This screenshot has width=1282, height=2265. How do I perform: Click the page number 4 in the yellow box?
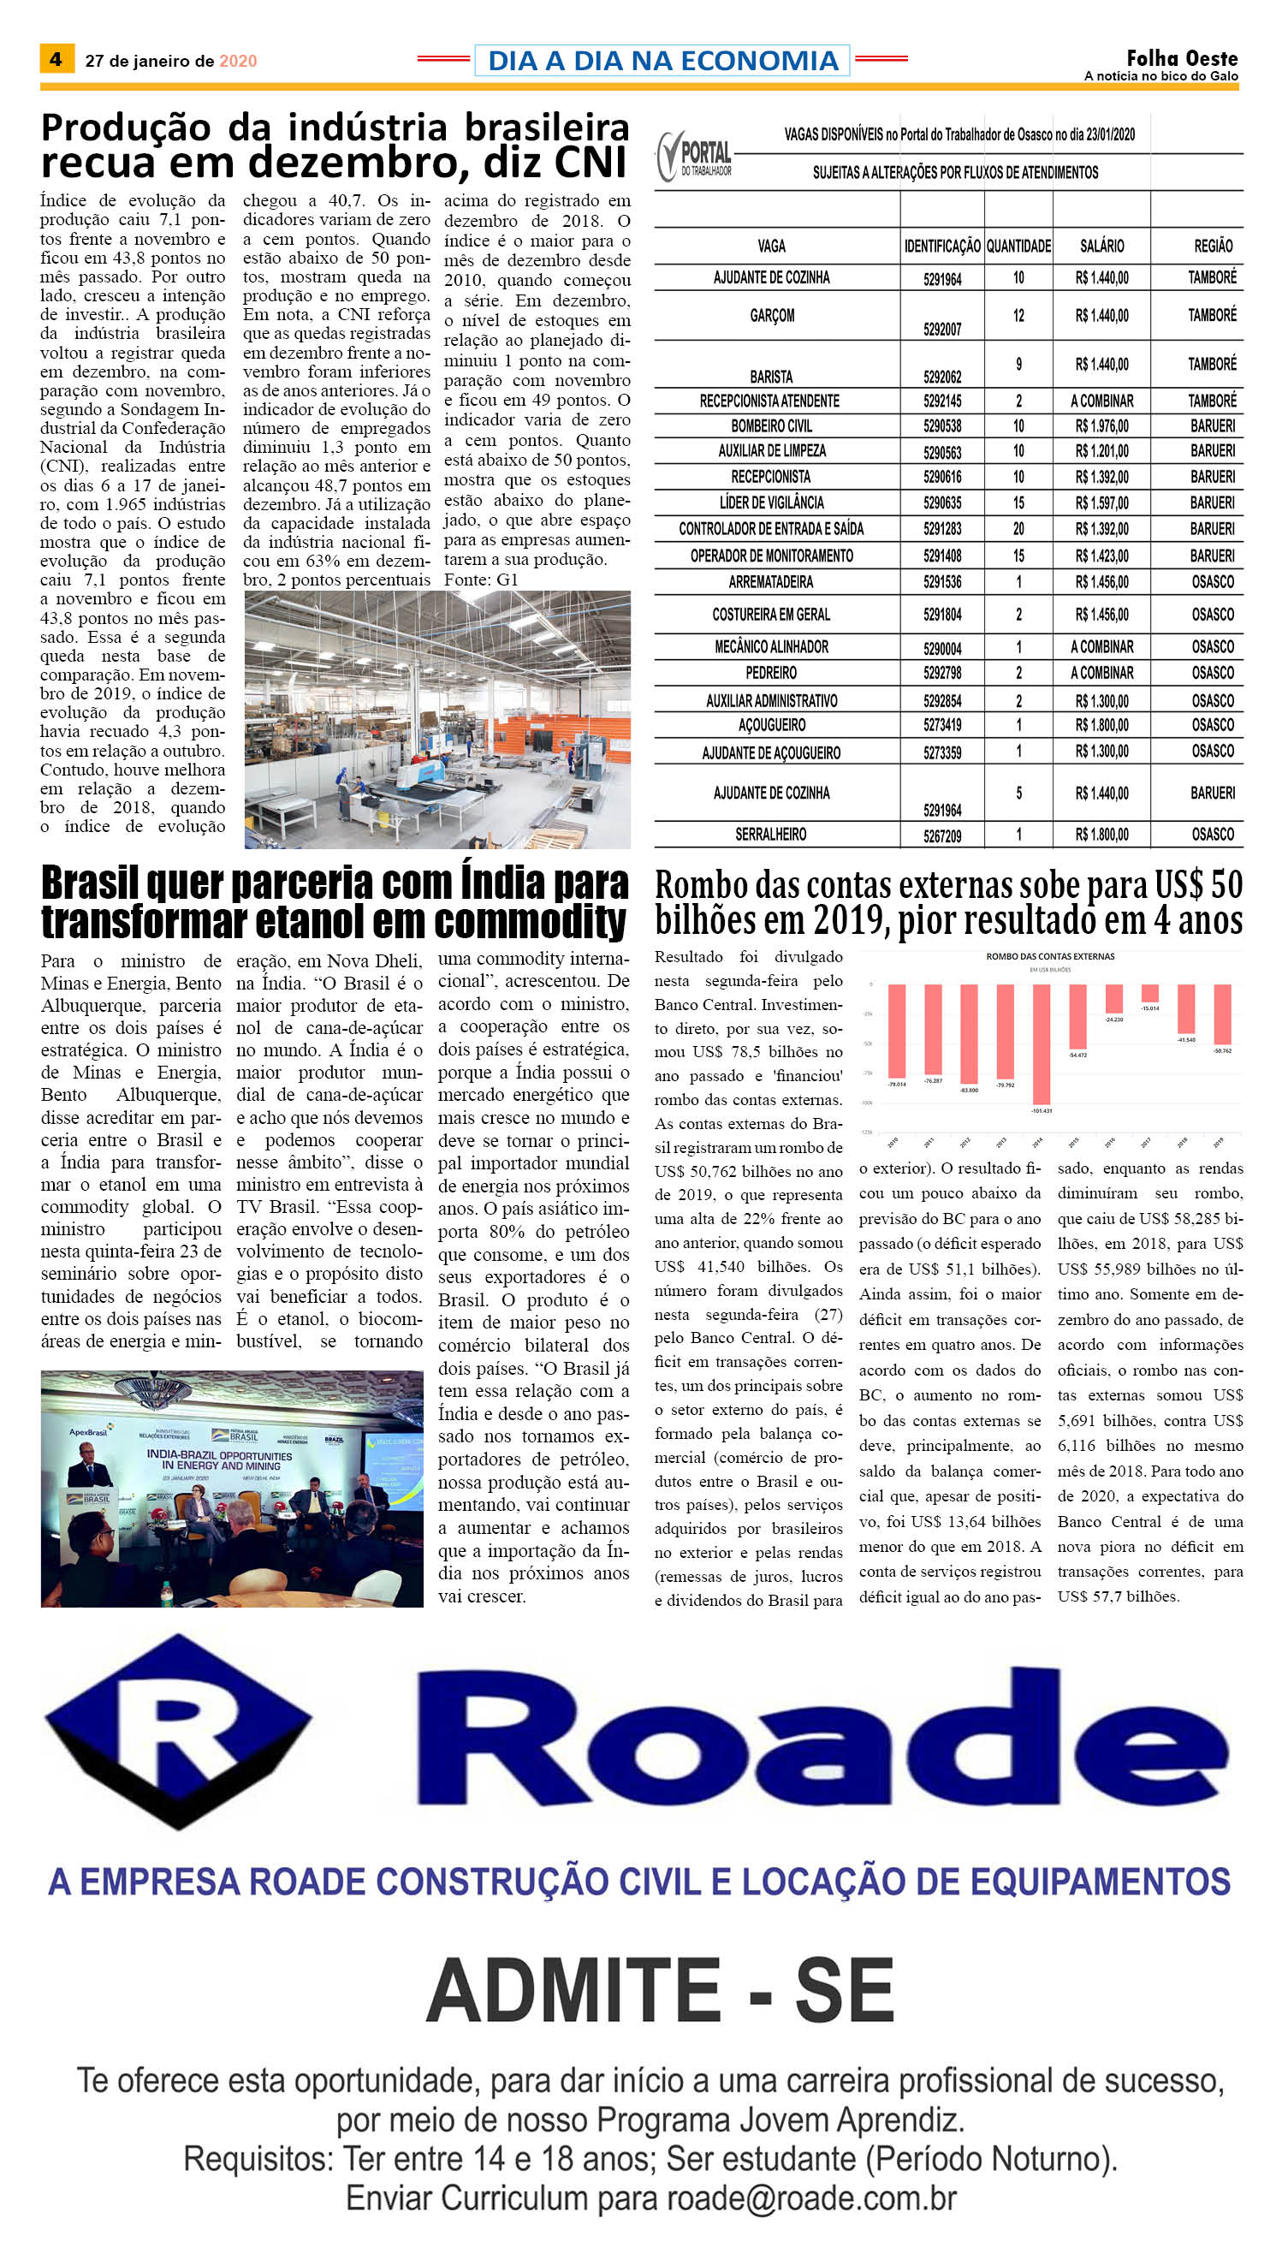coord(56,59)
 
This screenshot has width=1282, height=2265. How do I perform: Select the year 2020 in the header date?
coord(238,61)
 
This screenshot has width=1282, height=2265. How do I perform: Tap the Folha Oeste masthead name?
coord(1182,58)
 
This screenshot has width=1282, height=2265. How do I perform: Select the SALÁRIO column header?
coord(1101,247)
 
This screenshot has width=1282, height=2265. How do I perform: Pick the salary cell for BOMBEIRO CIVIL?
coord(1101,426)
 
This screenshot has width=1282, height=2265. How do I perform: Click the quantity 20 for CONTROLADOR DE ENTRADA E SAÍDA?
coord(1018,529)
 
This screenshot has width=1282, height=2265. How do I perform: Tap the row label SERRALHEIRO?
coord(770,834)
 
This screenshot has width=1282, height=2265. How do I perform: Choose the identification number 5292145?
coord(942,401)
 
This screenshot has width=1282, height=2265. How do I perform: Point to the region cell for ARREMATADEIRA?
coord(1213,582)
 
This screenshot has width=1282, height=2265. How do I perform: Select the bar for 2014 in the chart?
coord(1042,1043)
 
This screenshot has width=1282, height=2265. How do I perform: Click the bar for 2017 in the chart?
coord(1150,992)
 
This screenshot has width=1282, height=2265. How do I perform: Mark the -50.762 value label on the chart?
coord(1222,1050)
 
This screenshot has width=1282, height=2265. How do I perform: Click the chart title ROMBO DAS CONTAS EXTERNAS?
coord(1049,956)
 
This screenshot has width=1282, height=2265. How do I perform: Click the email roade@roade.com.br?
coord(811,2199)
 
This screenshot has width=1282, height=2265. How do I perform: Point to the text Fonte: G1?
coord(481,580)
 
